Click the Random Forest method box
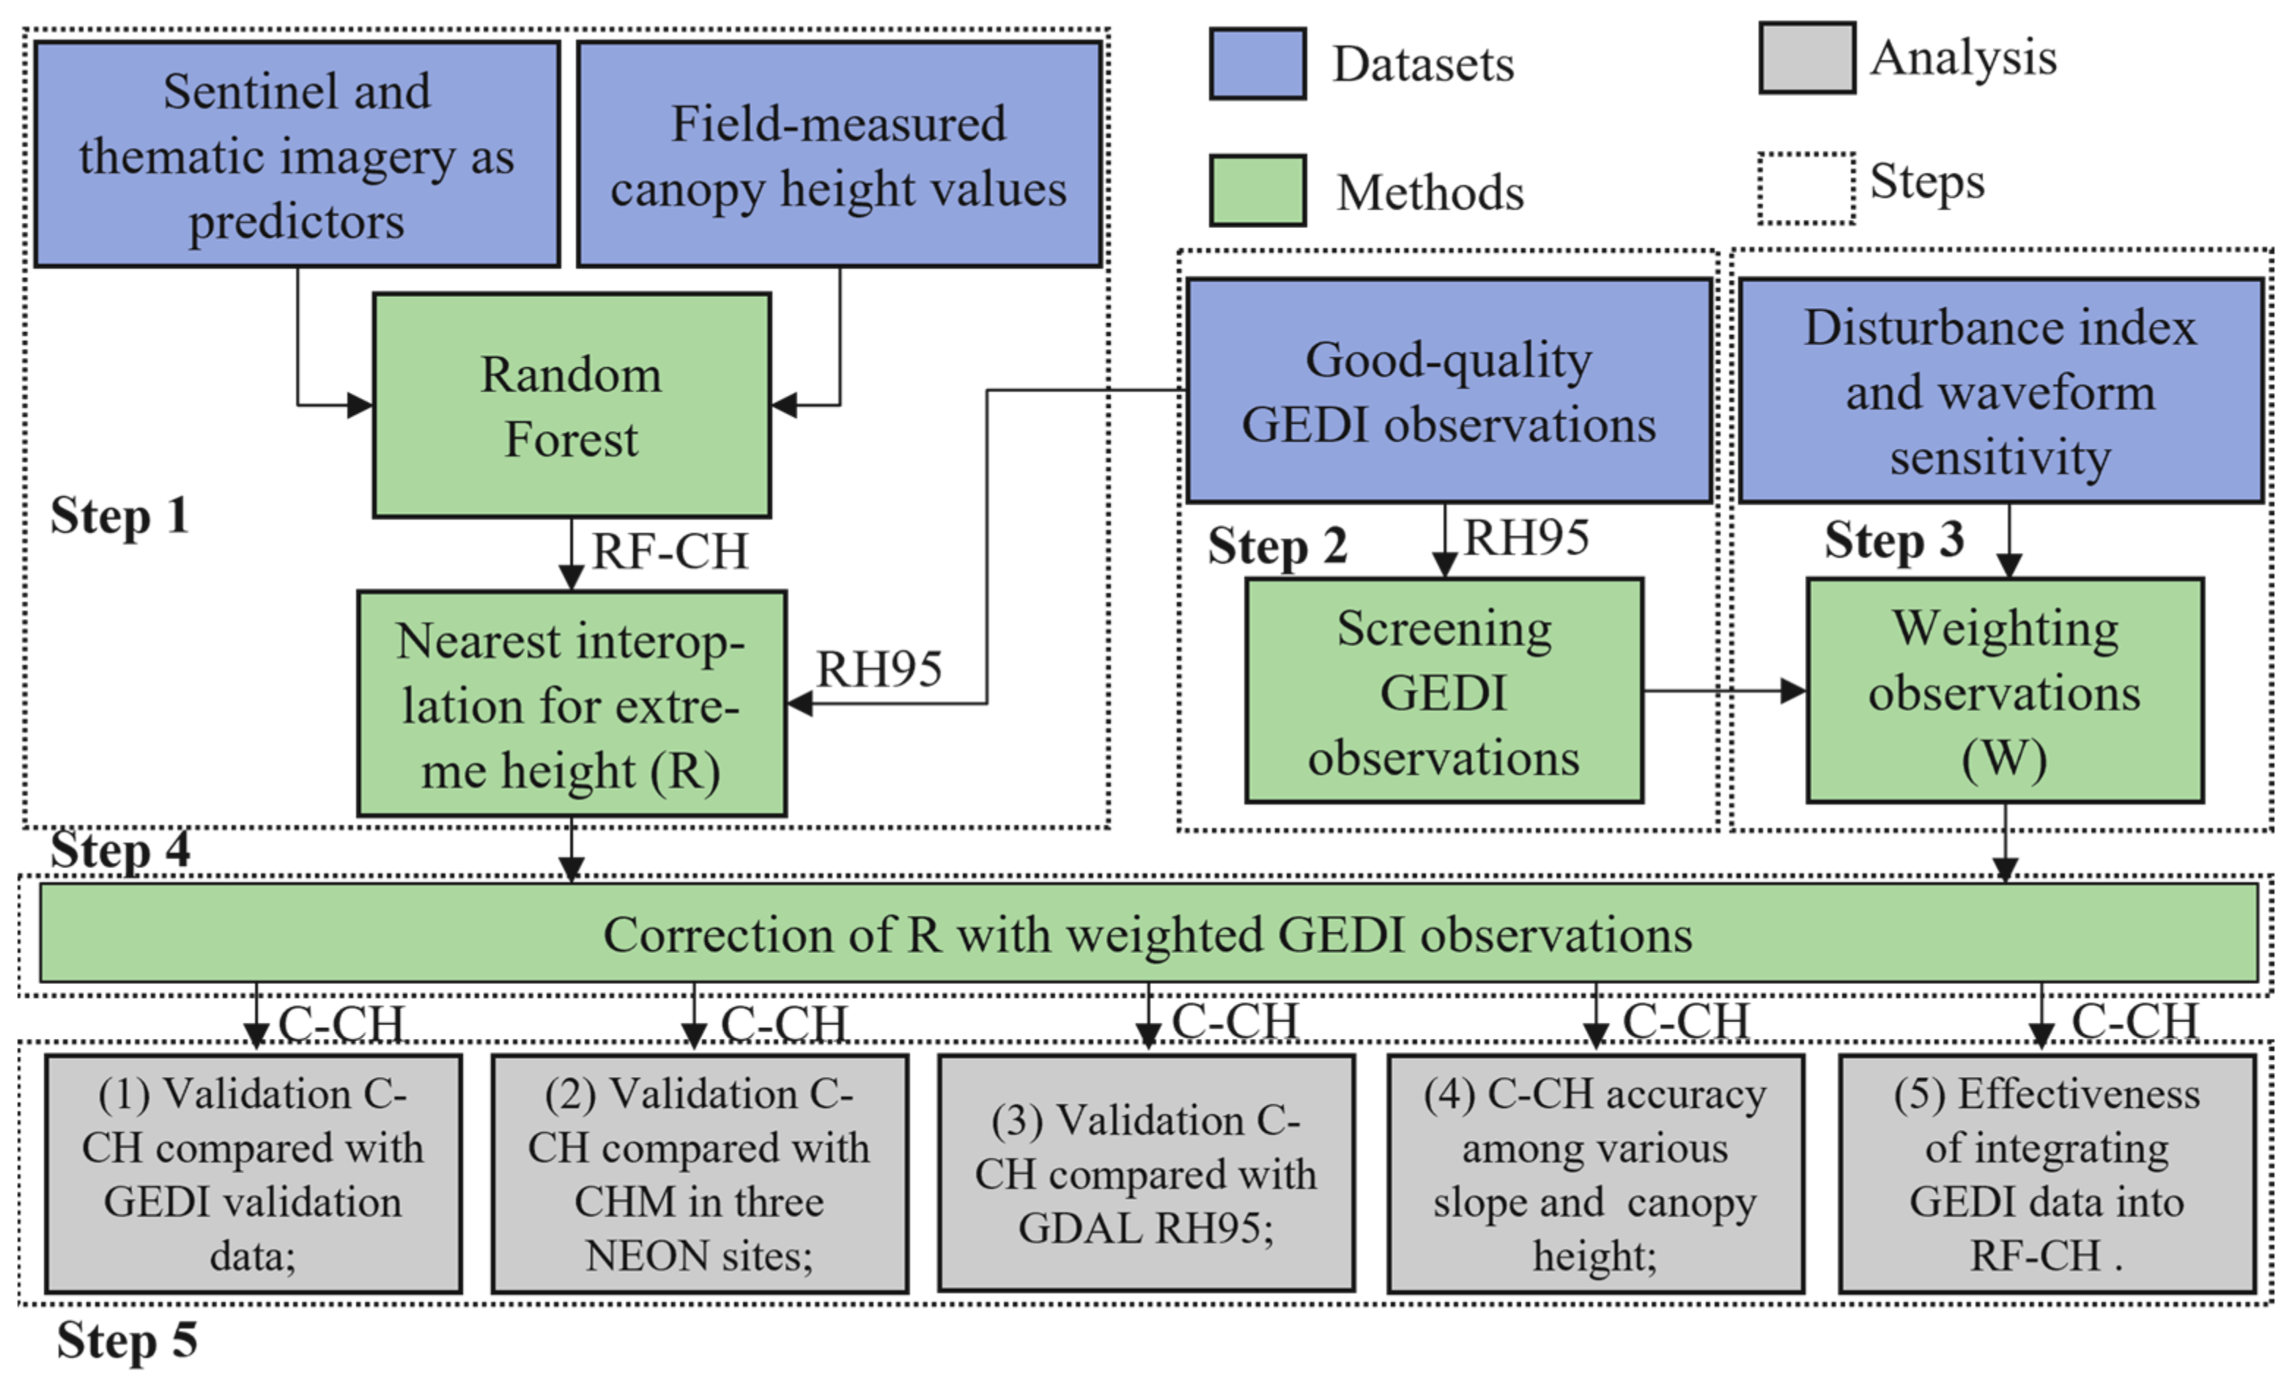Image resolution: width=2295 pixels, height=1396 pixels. point(571,405)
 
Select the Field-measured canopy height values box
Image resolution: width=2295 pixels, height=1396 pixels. point(838,155)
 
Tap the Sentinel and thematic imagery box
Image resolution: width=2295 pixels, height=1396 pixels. point(296,155)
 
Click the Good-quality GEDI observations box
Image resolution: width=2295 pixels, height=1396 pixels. point(1449,391)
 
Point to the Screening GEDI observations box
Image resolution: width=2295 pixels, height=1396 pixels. point(1444,691)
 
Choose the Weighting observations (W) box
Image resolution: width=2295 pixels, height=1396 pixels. point(2004,691)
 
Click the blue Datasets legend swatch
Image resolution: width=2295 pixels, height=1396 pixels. point(1257,63)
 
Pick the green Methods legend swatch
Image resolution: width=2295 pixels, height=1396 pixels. point(1257,191)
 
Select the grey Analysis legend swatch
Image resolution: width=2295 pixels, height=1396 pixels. point(1806,58)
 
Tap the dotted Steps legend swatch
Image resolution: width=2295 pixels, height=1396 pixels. point(1806,188)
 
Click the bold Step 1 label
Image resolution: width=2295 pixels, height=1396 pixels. point(119,515)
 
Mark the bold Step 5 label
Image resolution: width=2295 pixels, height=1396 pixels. point(127,1340)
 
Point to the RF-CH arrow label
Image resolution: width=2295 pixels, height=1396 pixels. point(670,551)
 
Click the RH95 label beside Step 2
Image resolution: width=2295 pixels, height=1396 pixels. point(1526,537)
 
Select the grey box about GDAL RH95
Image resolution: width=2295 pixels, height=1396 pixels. point(1145,1173)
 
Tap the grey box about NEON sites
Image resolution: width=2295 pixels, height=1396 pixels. point(698,1173)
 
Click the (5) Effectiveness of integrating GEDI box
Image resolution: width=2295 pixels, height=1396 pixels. point(2047,1173)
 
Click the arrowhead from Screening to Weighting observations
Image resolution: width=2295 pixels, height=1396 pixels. point(1793,691)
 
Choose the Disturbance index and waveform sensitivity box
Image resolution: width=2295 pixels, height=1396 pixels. point(2000,391)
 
